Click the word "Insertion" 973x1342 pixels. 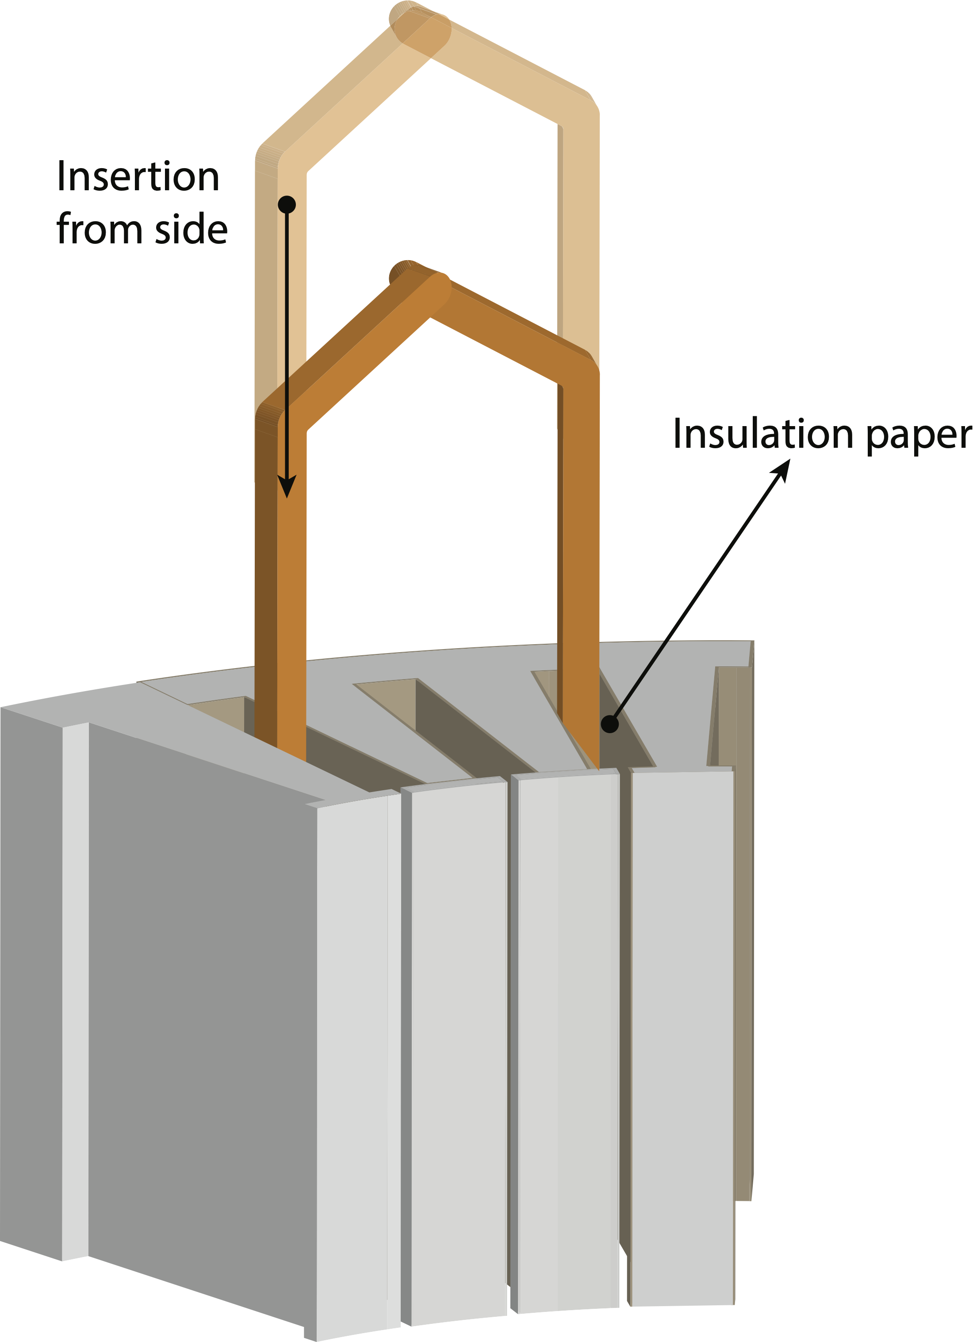[x=138, y=177]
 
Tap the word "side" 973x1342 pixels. [x=191, y=229]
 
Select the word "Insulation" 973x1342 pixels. [x=763, y=434]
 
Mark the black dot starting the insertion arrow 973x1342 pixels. [x=287, y=205]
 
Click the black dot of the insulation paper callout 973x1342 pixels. [x=610, y=724]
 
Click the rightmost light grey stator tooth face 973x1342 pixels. [x=683, y=1035]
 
